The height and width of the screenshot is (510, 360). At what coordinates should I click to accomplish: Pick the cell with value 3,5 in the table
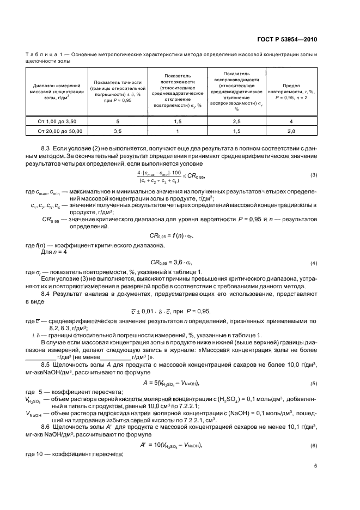[x=117, y=131]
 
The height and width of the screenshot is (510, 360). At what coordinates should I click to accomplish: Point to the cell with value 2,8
[x=291, y=131]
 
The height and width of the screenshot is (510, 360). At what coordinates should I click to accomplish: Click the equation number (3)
[x=313, y=175]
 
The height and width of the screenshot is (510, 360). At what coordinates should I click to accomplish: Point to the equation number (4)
[x=313, y=263]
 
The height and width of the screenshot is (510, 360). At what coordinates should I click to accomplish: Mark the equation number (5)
[x=313, y=384]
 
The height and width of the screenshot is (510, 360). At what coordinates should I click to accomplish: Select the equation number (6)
[x=313, y=446]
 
